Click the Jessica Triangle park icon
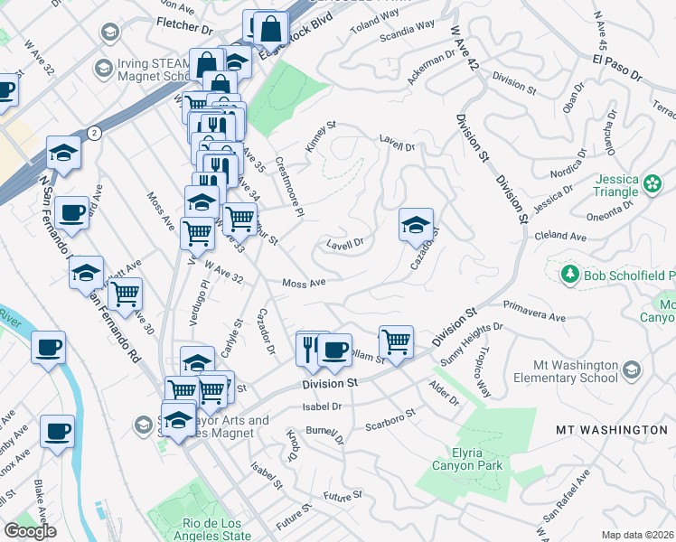point(653,184)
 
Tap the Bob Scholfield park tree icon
point(569,274)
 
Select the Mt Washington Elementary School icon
point(631,369)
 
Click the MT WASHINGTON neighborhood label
point(611,430)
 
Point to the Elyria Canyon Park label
point(474,458)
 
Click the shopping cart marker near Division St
point(396,341)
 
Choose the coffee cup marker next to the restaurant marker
point(334,350)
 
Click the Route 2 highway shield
point(95,133)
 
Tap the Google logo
point(31,531)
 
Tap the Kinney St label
point(321,136)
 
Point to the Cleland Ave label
point(566,237)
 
